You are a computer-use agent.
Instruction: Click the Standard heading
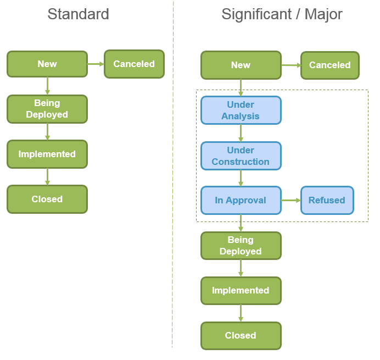click(x=78, y=14)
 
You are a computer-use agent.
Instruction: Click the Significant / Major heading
click(x=282, y=14)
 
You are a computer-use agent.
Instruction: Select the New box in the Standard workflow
click(x=47, y=64)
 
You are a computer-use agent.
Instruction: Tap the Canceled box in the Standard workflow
click(x=134, y=64)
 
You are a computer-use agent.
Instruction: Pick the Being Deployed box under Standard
click(x=47, y=109)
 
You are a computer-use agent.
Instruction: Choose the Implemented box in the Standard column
click(x=47, y=154)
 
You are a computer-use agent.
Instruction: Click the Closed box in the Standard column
click(x=47, y=199)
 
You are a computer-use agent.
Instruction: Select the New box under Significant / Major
click(x=241, y=65)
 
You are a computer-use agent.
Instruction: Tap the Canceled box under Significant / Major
click(x=329, y=65)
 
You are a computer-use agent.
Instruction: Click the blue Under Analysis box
click(x=241, y=110)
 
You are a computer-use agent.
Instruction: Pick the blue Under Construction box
click(x=241, y=156)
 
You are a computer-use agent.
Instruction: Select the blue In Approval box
click(x=241, y=201)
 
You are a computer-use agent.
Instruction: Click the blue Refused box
click(x=327, y=201)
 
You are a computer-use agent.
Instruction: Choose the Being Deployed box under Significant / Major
click(x=241, y=246)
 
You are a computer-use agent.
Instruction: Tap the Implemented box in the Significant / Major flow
click(x=241, y=291)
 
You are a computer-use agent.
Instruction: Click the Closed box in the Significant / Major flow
click(x=241, y=336)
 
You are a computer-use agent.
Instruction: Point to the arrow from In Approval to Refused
click(x=290, y=201)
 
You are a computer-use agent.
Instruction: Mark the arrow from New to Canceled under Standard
click(x=96, y=64)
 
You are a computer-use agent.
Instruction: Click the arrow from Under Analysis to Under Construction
click(x=241, y=133)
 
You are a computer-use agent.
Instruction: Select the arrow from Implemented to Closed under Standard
click(x=47, y=176)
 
